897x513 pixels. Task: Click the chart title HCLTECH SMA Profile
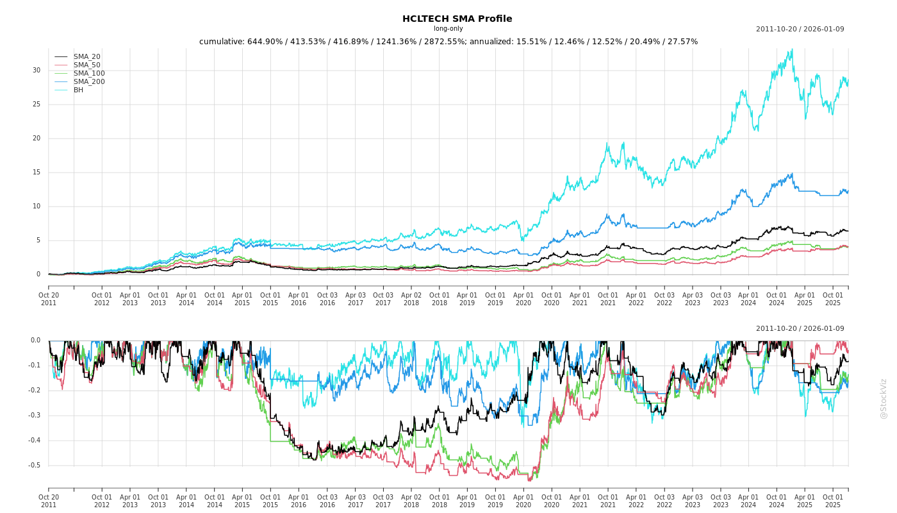pos(457,19)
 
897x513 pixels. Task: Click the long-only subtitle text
pos(448,29)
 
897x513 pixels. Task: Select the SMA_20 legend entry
pos(86,57)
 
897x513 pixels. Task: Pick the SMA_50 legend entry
pos(86,65)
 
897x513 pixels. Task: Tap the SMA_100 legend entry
pos(88,73)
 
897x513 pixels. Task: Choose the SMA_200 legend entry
pos(88,81)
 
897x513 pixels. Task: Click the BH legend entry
pos(78,90)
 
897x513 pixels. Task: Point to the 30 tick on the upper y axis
pos(37,71)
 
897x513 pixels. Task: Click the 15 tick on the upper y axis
pos(37,172)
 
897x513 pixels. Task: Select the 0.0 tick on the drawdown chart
pos(35,341)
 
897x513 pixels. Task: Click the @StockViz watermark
pos(884,398)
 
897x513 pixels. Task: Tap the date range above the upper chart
pos(800,29)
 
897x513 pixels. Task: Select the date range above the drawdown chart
pos(800,329)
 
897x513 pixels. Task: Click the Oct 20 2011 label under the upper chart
pos(49,299)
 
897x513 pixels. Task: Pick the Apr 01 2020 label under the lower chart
pos(523,501)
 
